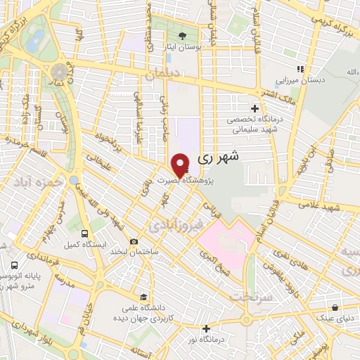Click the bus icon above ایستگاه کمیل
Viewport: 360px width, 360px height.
tap(85, 233)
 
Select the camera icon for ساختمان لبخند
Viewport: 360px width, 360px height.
tap(134, 242)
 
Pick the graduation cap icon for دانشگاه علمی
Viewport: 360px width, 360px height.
tap(144, 296)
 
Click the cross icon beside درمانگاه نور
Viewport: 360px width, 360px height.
tap(205, 328)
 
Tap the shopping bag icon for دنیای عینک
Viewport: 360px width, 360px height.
tap(336, 307)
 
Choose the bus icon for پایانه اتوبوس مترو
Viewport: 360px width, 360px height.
tap(15, 266)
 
